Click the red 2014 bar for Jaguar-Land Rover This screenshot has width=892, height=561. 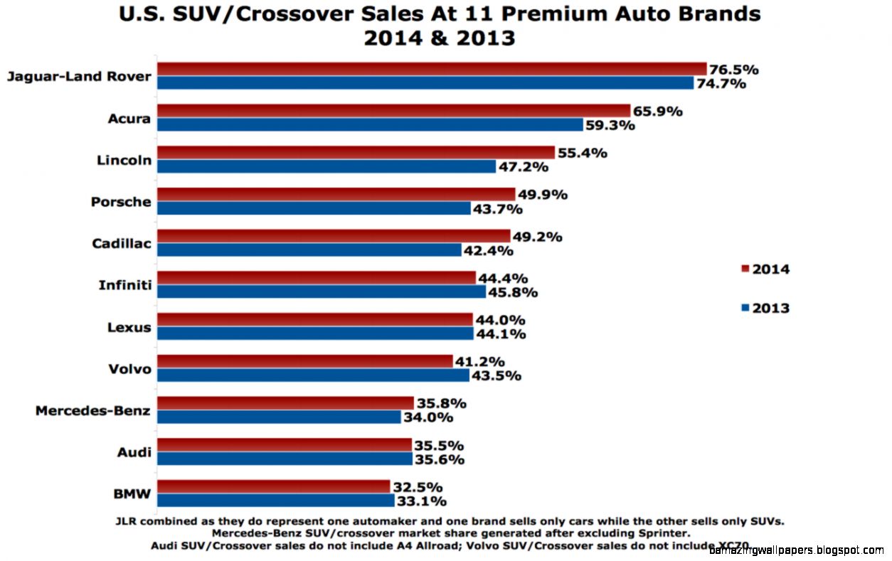click(x=431, y=69)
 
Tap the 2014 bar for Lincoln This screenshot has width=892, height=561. click(x=355, y=152)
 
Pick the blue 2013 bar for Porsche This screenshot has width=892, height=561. click(x=313, y=208)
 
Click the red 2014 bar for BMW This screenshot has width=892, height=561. click(x=273, y=486)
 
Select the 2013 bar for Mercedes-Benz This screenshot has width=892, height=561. click(x=278, y=417)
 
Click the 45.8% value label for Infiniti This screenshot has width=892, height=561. click(x=512, y=292)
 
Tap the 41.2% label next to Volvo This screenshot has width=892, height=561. click(x=479, y=361)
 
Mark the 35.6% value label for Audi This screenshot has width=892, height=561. click(x=439, y=459)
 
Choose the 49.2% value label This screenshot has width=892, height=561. click(x=537, y=237)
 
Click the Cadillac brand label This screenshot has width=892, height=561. click(x=121, y=244)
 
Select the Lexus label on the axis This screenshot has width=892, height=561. click(x=129, y=327)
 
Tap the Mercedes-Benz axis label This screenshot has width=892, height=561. click(x=92, y=410)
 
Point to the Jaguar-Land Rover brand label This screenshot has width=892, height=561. click(x=78, y=76)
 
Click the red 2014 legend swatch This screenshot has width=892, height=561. click(x=745, y=269)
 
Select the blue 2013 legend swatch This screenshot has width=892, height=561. click(x=745, y=308)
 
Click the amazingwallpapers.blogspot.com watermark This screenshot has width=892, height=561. click(x=796, y=550)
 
